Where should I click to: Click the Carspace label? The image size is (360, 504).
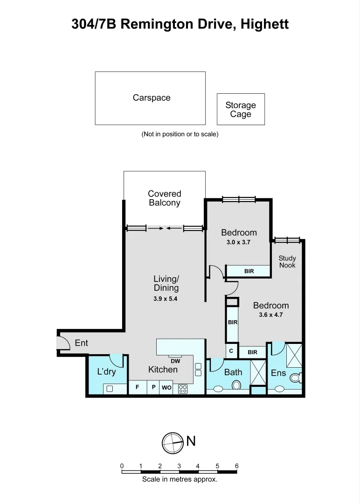point(152,98)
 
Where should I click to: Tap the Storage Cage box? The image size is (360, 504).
point(241,109)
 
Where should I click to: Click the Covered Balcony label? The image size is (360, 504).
point(165,198)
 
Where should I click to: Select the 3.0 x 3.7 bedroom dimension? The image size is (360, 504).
point(239,242)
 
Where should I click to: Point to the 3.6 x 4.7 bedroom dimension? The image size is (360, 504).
point(270,315)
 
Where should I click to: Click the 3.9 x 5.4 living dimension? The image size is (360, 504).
point(166,299)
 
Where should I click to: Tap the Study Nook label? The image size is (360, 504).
point(287,261)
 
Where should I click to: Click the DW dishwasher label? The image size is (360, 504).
point(175,361)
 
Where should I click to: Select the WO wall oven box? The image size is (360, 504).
point(166,388)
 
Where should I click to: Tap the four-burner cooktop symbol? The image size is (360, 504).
point(183,388)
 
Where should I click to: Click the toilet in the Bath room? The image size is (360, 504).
point(236,385)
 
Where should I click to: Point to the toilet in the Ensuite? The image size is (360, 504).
point(296,378)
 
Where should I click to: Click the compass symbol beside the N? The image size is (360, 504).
point(173,442)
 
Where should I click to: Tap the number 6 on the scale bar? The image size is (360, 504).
point(236,466)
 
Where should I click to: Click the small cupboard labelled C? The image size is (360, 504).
point(231,351)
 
